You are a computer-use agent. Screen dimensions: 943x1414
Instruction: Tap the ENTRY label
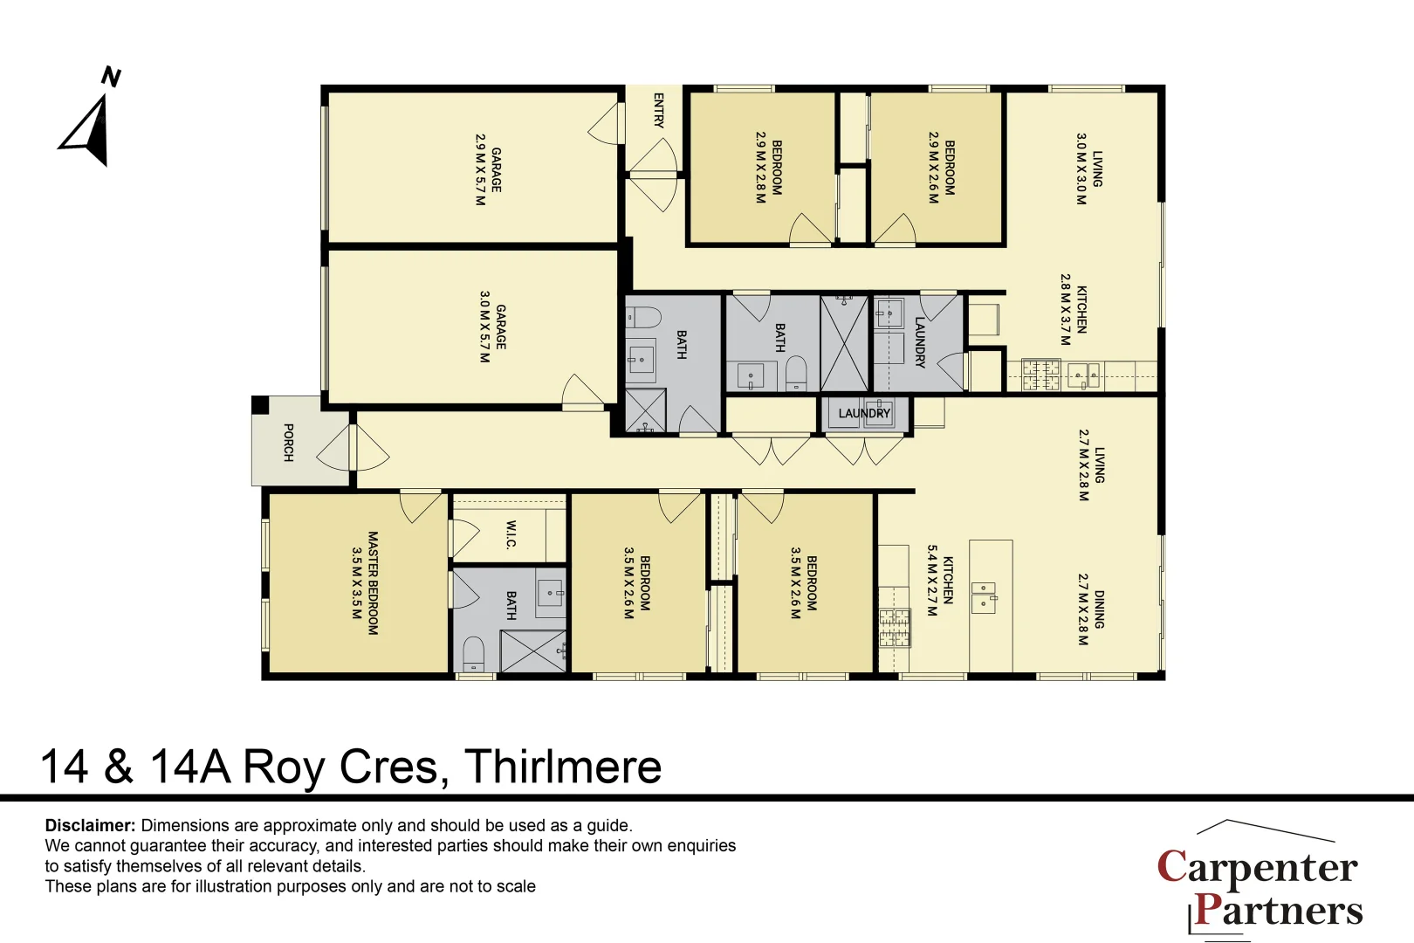(x=658, y=111)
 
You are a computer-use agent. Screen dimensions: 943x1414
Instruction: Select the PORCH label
(x=288, y=443)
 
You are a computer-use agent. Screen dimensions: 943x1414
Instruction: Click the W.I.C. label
(x=511, y=534)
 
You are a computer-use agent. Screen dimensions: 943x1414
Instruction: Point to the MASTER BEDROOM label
(x=373, y=583)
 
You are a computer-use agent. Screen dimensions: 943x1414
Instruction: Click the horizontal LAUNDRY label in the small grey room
(x=864, y=414)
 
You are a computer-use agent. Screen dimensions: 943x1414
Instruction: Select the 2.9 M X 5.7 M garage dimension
(x=480, y=169)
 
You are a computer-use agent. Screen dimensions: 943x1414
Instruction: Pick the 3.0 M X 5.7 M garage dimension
(x=484, y=327)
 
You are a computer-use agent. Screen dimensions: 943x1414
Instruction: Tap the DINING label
(x=1099, y=609)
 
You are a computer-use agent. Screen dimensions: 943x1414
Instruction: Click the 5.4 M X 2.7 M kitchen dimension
(x=932, y=581)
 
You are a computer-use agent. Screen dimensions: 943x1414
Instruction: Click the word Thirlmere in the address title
(x=563, y=767)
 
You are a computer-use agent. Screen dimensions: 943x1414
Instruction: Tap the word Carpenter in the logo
(x=1257, y=867)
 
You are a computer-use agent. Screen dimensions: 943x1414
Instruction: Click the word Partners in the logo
(x=1278, y=910)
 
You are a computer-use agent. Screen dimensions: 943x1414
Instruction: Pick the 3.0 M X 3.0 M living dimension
(x=1081, y=169)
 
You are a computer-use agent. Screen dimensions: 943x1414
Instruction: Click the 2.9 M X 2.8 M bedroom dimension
(x=760, y=168)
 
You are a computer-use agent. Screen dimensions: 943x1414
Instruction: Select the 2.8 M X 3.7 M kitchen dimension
(x=1065, y=309)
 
